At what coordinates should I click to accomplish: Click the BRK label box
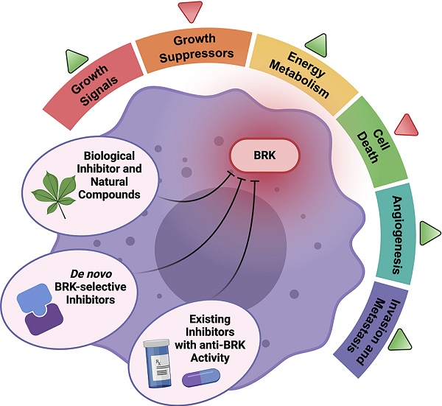click(x=264, y=155)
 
